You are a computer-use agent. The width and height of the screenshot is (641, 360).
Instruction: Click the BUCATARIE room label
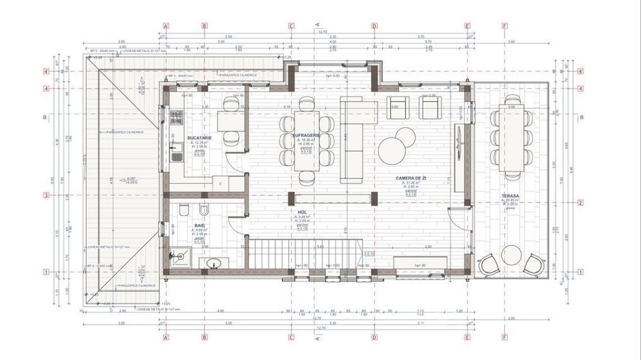coord(200,137)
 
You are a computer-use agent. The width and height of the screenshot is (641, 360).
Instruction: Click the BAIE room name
coord(200,225)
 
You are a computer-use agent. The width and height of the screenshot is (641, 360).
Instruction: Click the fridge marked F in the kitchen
coord(221,184)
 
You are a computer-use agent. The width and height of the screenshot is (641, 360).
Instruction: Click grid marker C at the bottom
coord(291,336)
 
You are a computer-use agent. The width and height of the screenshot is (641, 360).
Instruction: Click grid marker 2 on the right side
coord(580,202)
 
